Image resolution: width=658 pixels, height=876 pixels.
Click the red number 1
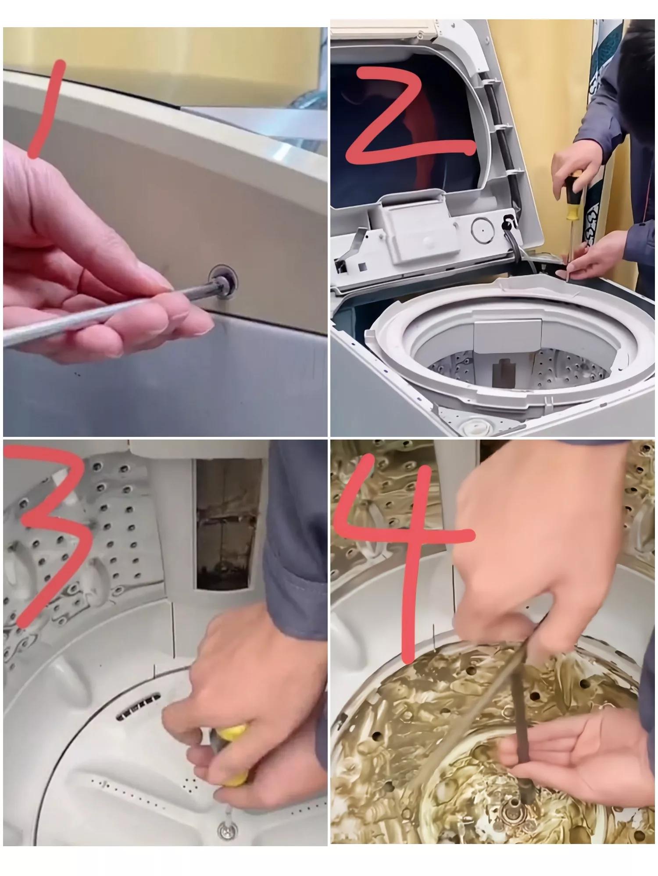[x=47, y=110]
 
